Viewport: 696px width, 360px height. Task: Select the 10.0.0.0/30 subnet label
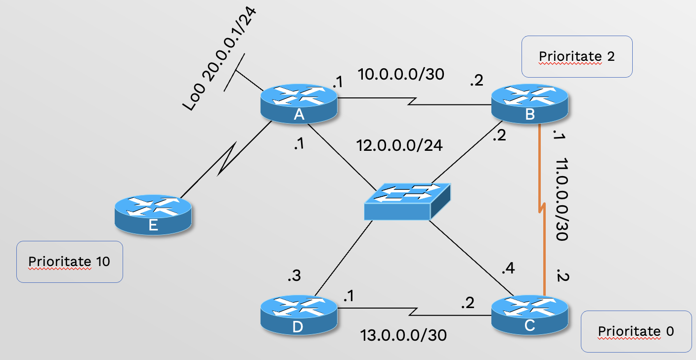point(401,75)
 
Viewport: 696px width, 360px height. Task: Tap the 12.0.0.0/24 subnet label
point(399,146)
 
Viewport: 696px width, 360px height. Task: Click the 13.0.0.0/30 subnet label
point(403,335)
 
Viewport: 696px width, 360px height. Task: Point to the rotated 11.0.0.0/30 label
point(561,200)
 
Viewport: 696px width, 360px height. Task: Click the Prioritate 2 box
point(576,56)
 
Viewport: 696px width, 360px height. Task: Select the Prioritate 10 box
point(69,262)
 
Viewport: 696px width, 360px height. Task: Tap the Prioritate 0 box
point(635,331)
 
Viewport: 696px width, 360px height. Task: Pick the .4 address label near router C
point(508,270)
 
